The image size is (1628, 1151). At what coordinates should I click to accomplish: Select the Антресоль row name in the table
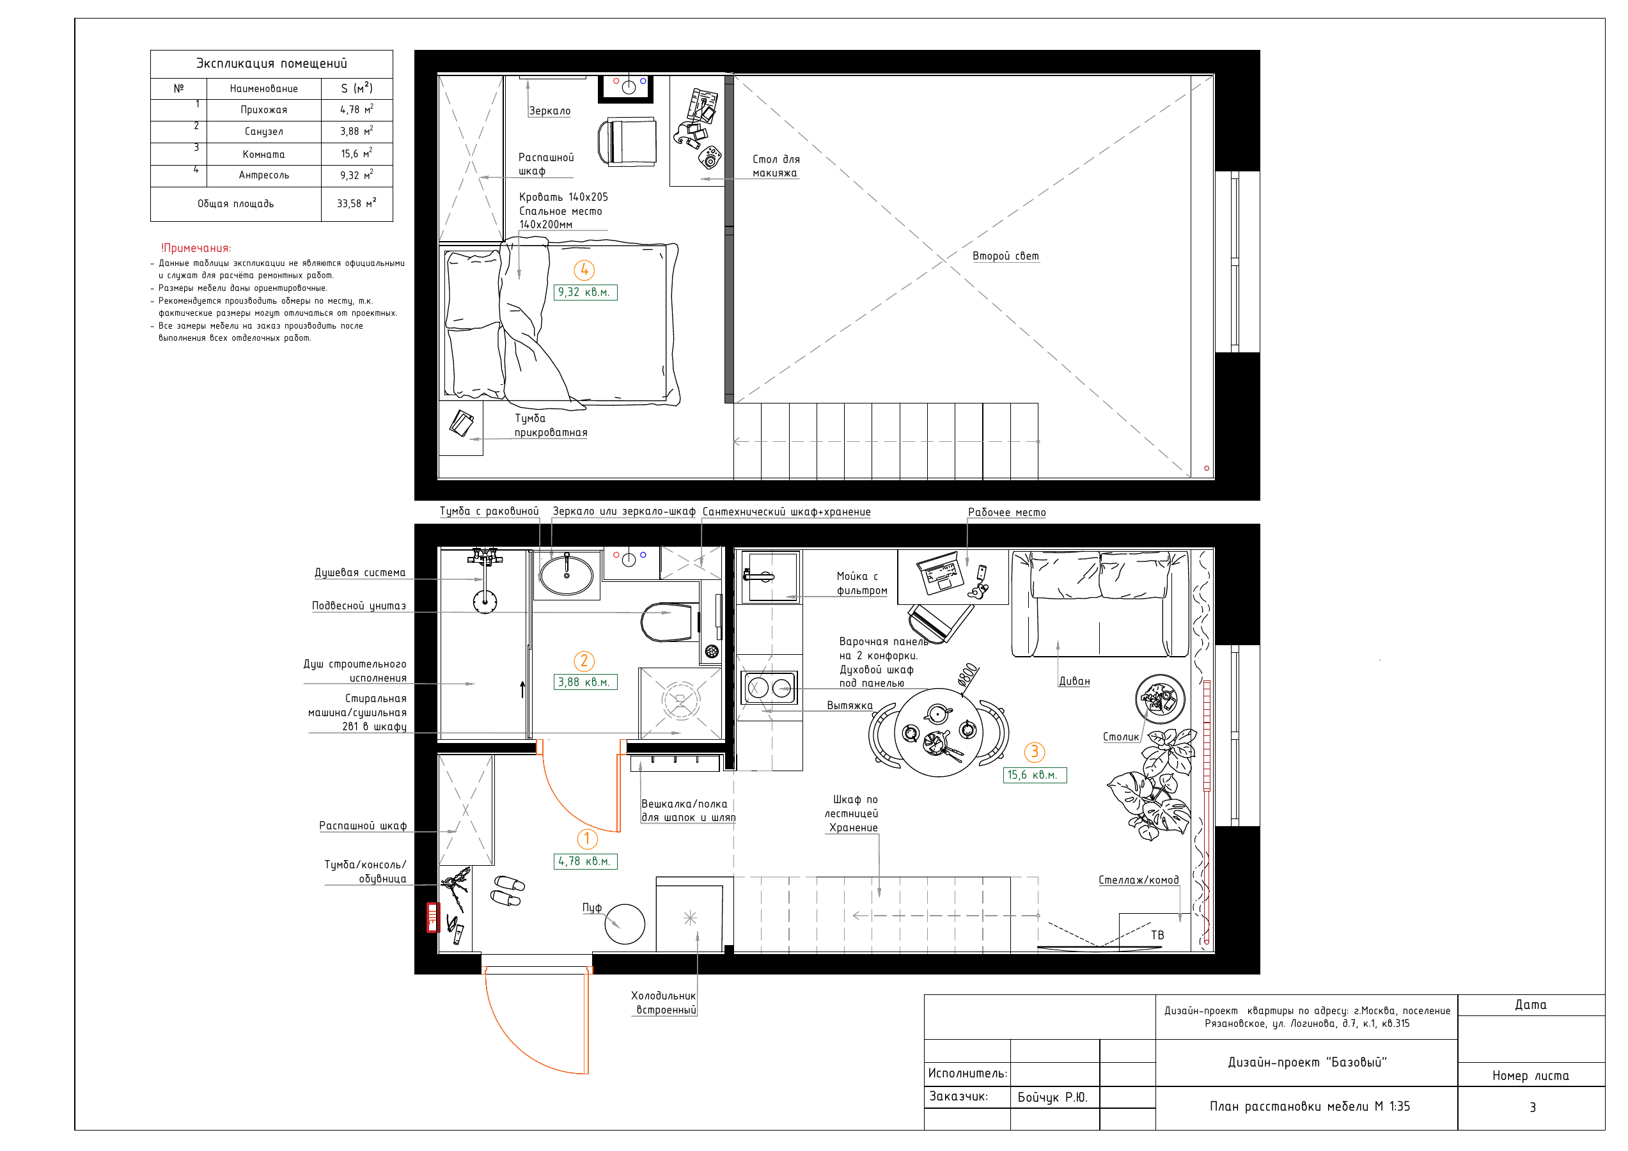264,175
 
